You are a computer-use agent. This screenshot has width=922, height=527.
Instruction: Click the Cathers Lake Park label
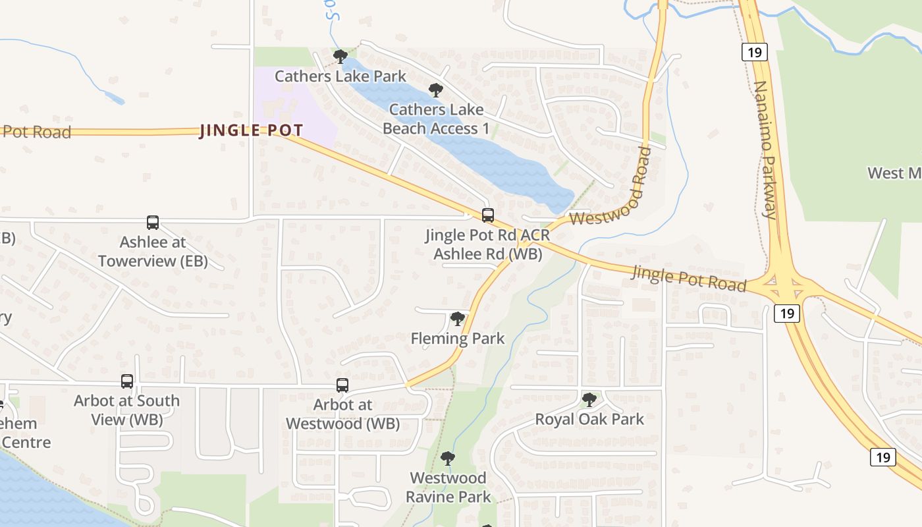tap(340, 76)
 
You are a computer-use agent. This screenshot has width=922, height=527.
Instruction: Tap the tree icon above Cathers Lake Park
tap(340, 56)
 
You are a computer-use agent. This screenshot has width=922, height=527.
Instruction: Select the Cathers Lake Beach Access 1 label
tap(436, 119)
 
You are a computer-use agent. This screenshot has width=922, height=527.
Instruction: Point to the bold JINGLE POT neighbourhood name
tap(251, 130)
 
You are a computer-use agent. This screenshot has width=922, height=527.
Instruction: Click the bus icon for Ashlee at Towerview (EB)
tap(153, 223)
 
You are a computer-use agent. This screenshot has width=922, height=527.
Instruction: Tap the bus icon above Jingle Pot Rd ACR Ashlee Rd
tap(488, 215)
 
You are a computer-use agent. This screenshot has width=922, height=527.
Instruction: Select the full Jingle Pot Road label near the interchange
tap(689, 278)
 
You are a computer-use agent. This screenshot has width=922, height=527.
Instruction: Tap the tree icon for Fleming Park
tap(457, 319)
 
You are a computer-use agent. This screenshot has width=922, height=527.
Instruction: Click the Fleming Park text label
tap(457, 339)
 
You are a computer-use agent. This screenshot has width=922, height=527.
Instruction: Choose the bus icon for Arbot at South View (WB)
tap(127, 381)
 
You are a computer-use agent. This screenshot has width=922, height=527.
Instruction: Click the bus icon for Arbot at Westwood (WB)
tap(342, 385)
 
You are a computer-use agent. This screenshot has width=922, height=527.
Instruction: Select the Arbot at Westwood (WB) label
tap(342, 414)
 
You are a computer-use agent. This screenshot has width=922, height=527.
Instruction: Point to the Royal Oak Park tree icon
tap(589, 399)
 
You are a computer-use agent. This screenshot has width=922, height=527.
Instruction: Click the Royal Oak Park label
tap(589, 419)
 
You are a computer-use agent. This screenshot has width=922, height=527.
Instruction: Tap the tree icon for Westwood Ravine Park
tap(448, 458)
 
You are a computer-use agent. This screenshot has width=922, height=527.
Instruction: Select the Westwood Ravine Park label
tap(448, 487)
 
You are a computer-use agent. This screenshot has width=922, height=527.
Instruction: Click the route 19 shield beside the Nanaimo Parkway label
tap(754, 52)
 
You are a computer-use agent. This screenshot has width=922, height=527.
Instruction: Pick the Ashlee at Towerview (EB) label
tap(153, 252)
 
